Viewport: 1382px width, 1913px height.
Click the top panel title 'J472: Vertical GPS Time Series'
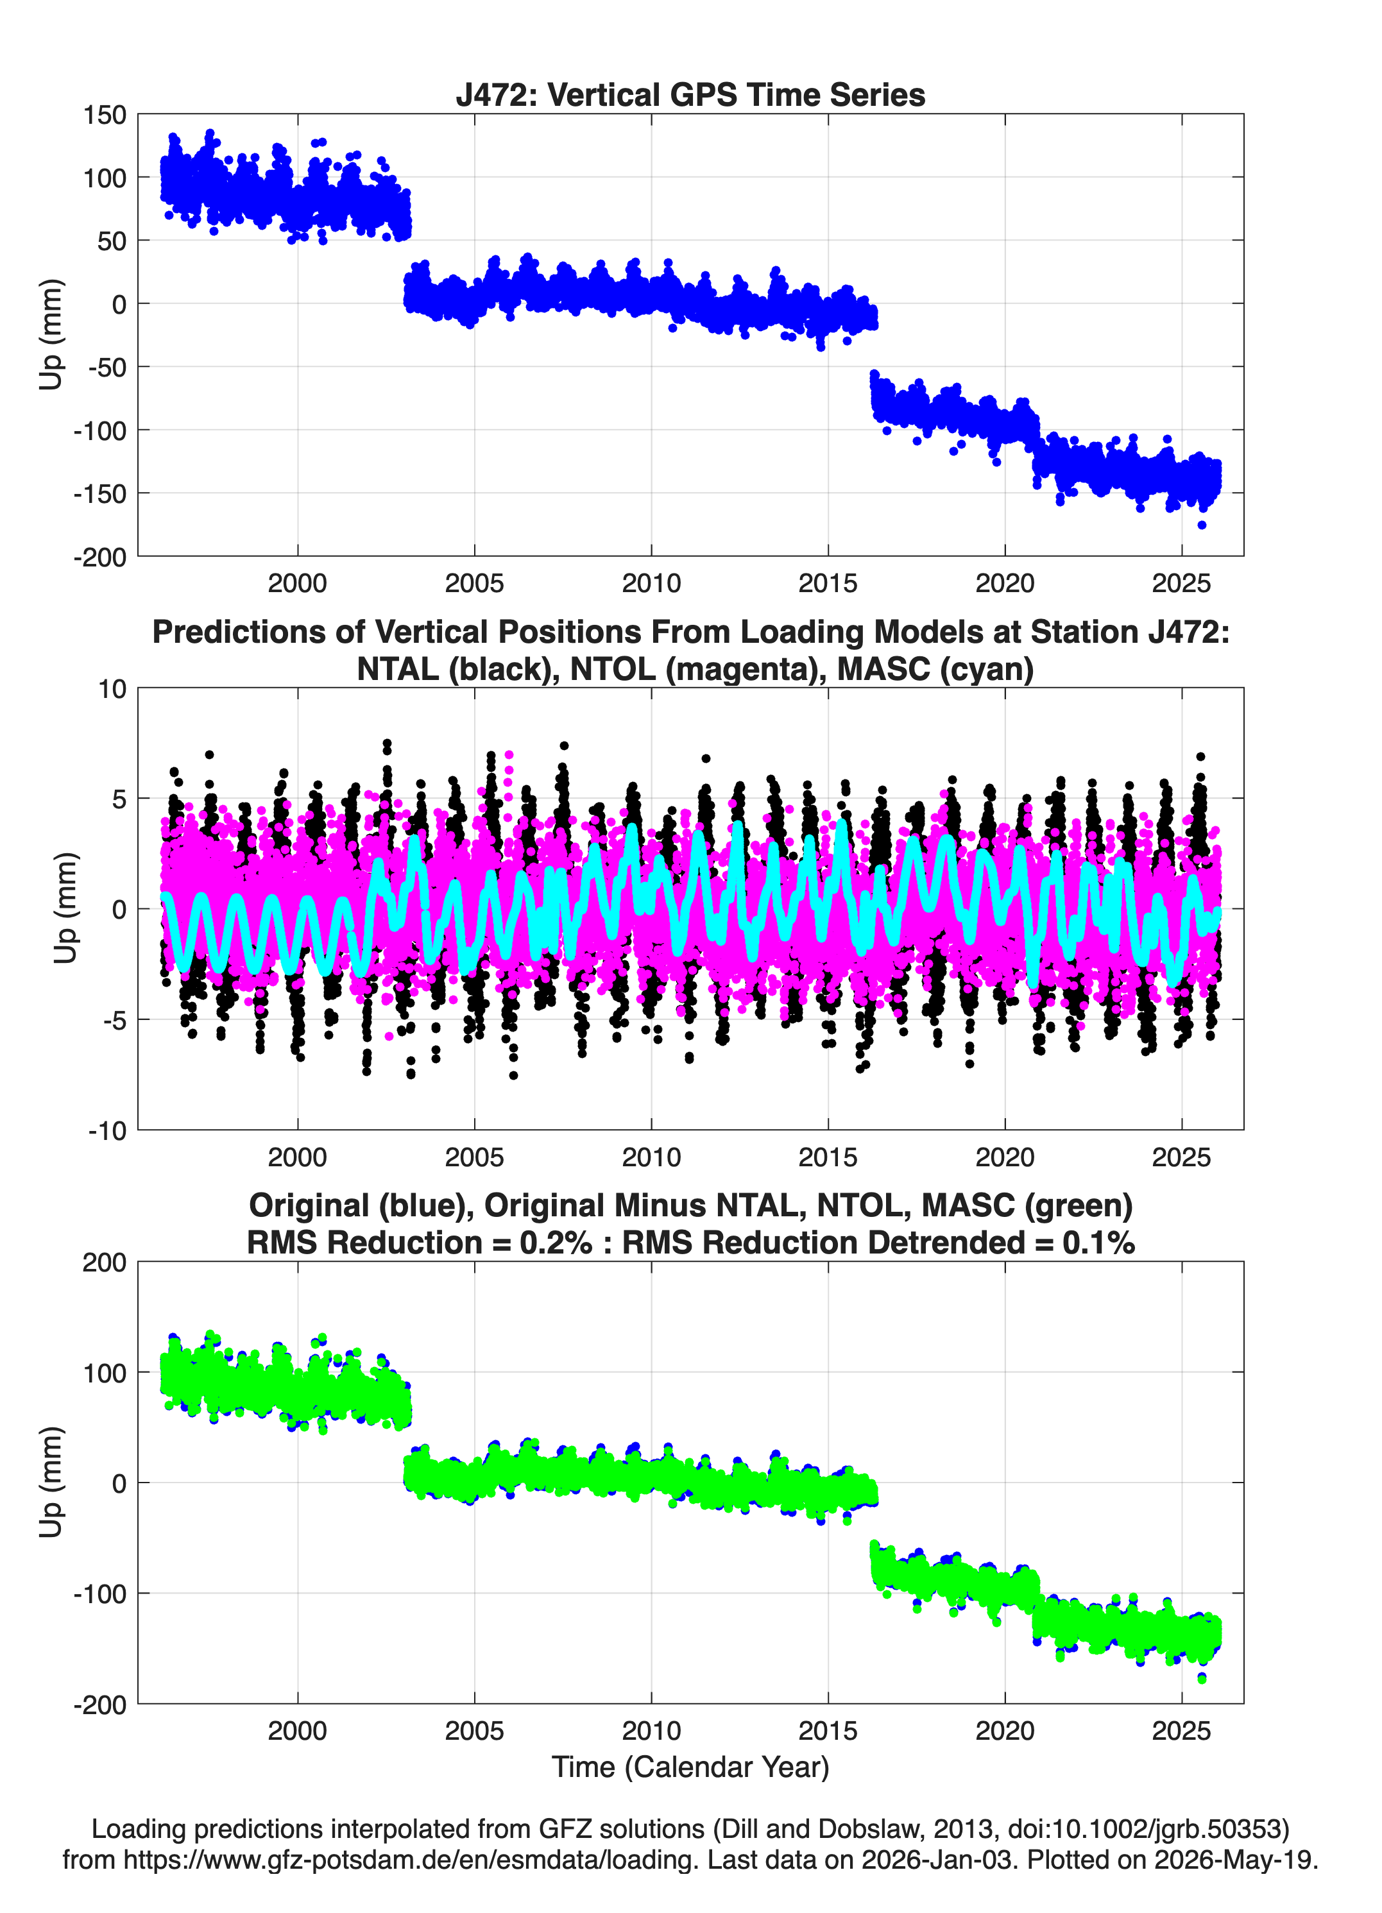[x=690, y=94]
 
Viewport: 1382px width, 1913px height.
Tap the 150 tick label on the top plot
[x=105, y=115]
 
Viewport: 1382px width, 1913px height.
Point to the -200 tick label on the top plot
[x=99, y=557]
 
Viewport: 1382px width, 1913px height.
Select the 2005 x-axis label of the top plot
[x=474, y=583]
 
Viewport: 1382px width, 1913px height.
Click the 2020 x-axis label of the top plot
[x=1005, y=583]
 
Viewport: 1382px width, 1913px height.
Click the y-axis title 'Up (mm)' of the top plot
[x=51, y=335]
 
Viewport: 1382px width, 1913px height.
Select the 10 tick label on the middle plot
[x=112, y=688]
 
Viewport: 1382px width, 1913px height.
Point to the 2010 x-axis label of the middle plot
[x=651, y=1157]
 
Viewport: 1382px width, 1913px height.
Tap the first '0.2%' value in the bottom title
[x=556, y=1243]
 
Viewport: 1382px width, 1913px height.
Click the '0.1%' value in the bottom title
[x=1098, y=1243]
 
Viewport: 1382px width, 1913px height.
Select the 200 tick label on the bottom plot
[x=105, y=1262]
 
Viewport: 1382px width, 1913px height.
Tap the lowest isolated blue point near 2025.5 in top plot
[x=1202, y=525]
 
